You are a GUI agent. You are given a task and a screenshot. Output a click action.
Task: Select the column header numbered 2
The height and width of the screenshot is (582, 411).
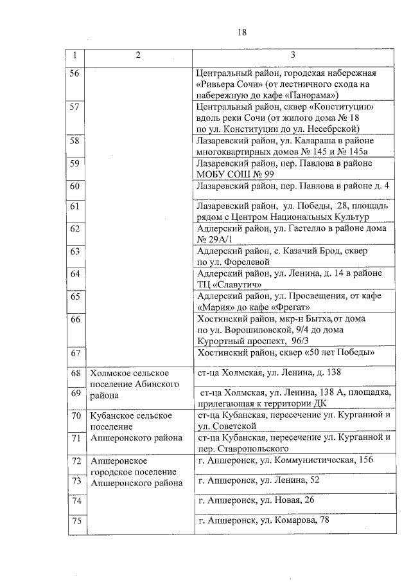coord(137,55)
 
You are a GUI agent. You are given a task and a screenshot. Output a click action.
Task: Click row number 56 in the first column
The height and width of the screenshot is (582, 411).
coord(74,73)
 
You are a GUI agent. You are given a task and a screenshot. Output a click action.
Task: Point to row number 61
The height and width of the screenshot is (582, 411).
coord(74,206)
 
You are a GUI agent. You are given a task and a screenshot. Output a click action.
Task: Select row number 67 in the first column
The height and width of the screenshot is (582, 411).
coord(74,353)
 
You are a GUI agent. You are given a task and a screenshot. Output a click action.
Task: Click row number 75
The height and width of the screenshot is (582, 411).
coord(76,521)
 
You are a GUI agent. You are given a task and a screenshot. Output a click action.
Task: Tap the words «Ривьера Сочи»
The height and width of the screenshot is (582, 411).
coord(225,84)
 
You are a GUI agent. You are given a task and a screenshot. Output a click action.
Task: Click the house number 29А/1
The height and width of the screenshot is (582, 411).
coord(213,239)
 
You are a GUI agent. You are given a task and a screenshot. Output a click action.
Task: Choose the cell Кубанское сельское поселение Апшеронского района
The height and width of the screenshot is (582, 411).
coord(128,426)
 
